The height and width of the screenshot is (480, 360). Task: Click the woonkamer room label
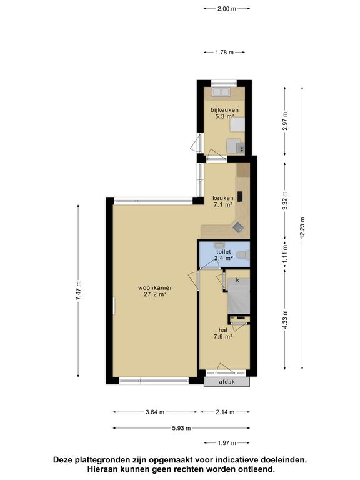click(x=155, y=288)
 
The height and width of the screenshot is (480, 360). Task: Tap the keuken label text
click(x=223, y=198)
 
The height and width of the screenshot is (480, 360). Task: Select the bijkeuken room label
click(x=225, y=110)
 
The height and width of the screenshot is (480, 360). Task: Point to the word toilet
click(x=224, y=252)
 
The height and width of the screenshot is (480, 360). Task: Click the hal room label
click(x=223, y=330)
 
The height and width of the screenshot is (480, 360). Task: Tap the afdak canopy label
click(x=227, y=382)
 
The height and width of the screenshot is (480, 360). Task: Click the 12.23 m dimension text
click(x=302, y=227)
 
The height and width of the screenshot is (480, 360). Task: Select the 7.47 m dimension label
click(x=78, y=291)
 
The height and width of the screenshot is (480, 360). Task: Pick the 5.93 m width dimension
click(x=181, y=428)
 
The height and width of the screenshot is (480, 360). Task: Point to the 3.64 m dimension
click(x=155, y=412)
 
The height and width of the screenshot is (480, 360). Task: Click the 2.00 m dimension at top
click(x=227, y=9)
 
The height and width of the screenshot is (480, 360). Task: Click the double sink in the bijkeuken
click(x=221, y=92)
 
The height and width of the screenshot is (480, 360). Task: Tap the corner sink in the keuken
click(x=238, y=227)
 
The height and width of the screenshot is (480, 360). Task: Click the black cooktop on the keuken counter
click(x=240, y=196)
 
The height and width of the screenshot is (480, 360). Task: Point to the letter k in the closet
click(x=237, y=280)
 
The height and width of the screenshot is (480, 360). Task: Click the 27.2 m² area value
click(x=155, y=295)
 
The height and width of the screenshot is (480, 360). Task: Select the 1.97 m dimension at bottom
click(x=227, y=443)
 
